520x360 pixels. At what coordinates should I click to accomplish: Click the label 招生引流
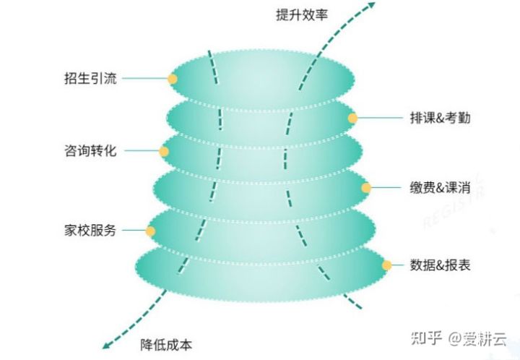point(90,78)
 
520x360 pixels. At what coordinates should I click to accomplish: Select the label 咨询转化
point(90,151)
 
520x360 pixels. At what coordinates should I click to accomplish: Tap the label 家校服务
point(90,231)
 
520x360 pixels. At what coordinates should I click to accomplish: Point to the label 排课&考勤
point(440,118)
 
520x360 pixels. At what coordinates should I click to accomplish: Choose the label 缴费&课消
point(440,187)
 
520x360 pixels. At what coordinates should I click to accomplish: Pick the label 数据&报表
point(440,265)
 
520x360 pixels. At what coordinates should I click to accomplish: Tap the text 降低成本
point(166,344)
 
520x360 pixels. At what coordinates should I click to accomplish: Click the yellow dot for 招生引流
point(173,79)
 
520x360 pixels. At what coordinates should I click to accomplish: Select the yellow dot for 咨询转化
point(164,152)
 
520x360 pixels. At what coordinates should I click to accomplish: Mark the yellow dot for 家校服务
point(150,231)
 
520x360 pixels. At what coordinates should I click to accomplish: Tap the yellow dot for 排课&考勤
point(352,118)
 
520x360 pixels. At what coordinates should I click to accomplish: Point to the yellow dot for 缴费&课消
point(366,188)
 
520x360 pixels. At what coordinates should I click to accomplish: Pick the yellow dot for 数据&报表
point(387,265)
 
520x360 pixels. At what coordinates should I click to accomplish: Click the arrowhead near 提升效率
point(371,6)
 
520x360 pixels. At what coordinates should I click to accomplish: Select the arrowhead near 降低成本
point(108,345)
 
